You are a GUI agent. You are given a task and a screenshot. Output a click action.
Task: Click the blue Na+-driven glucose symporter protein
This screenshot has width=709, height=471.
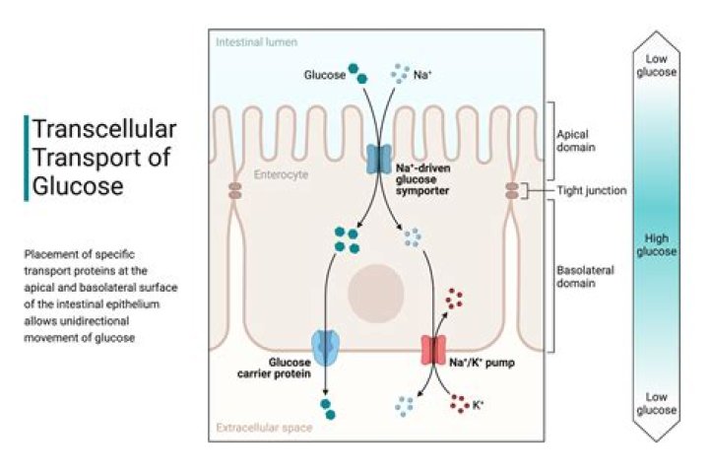click(x=378, y=161)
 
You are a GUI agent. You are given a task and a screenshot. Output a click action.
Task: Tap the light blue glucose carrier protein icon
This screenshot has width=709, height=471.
click(x=325, y=347)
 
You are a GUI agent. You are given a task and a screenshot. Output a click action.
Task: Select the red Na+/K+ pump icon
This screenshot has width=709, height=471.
click(x=433, y=350)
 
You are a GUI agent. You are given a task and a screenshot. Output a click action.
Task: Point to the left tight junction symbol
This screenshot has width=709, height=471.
click(x=234, y=190)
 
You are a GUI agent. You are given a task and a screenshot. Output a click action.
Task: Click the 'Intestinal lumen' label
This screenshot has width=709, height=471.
click(x=256, y=43)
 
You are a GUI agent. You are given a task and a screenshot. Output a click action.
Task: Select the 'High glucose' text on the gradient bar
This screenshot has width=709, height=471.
click(x=660, y=244)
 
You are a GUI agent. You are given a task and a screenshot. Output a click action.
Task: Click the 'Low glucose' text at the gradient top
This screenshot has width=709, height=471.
click(x=660, y=65)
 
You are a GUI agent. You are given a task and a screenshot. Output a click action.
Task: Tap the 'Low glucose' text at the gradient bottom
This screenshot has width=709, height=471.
click(x=660, y=402)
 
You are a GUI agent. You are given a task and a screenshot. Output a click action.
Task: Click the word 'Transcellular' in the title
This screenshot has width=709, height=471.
click(x=104, y=129)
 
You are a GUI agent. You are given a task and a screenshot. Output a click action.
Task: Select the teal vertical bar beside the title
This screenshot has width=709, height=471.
click(x=27, y=158)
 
